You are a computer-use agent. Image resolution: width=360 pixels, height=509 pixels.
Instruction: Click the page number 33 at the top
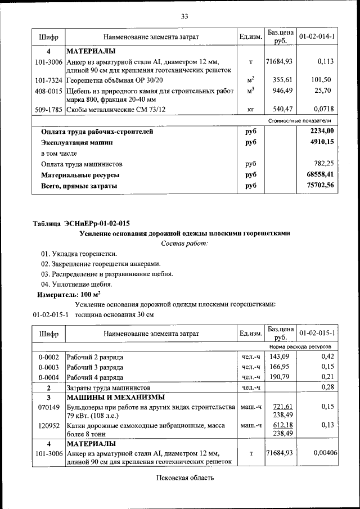tap(184, 16)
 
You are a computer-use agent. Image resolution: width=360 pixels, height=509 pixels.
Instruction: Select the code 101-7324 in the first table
tap(48, 80)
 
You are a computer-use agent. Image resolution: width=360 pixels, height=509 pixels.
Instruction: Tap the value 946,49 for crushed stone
tap(280, 90)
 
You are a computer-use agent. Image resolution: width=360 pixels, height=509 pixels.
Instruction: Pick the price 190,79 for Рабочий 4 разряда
tap(280, 377)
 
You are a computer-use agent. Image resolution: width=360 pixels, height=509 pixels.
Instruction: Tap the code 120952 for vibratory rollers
tap(48, 426)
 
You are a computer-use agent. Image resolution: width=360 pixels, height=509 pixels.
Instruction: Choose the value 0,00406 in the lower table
tap(321, 453)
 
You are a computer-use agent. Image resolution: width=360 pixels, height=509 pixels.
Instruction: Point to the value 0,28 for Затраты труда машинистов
tap(327, 388)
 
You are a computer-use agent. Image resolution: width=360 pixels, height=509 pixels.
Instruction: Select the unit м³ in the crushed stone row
tap(250, 90)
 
